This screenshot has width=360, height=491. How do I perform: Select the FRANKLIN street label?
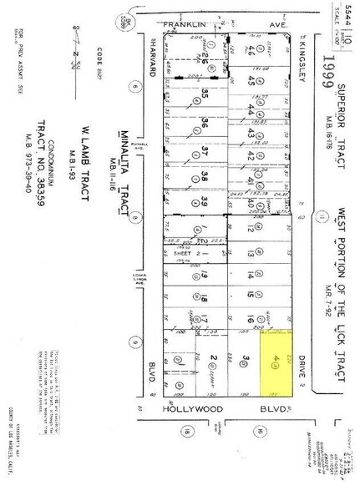[185, 26]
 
